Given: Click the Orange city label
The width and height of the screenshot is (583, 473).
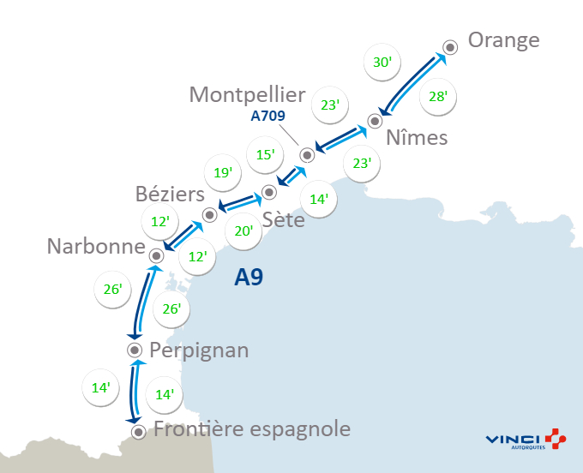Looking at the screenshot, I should click(x=504, y=41).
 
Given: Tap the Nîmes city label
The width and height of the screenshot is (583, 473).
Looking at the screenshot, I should click(x=417, y=138).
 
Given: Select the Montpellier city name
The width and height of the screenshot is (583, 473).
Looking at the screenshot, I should click(x=248, y=94).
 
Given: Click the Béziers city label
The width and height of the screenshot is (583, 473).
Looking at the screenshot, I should click(x=170, y=194).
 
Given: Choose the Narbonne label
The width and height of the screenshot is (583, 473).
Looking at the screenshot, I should click(x=95, y=248).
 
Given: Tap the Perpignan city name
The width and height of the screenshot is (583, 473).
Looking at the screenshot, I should click(x=199, y=350).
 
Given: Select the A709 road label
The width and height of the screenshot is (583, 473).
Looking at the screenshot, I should click(x=267, y=116).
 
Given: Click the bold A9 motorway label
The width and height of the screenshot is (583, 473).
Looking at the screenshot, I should click(x=249, y=278).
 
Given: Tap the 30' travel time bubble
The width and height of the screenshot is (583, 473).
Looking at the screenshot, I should click(x=382, y=63).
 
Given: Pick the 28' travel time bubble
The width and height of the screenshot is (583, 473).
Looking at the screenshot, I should click(x=438, y=96).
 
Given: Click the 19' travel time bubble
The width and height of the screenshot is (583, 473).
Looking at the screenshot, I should click(x=223, y=173).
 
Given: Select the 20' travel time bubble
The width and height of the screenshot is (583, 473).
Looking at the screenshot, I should click(x=243, y=231).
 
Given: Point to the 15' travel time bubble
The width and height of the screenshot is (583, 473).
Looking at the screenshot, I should click(x=266, y=154).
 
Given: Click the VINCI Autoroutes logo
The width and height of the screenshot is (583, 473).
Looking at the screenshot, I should click(x=526, y=439).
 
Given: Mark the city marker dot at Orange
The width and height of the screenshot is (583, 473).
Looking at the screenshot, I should click(x=450, y=48).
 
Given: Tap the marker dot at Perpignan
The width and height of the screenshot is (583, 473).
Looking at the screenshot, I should click(x=135, y=350).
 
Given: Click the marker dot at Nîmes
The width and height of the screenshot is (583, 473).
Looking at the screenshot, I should click(x=374, y=121).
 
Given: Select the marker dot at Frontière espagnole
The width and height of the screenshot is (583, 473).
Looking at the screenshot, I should click(x=138, y=431).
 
